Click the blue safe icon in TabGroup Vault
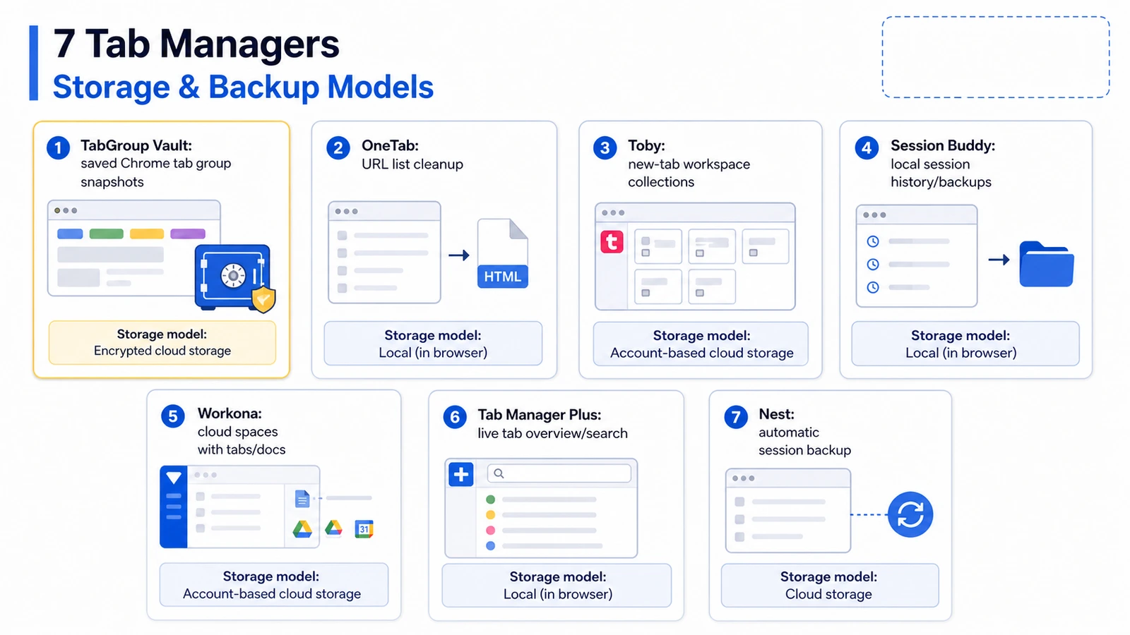[x=232, y=276]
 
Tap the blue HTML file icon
[x=502, y=253]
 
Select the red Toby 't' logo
[x=612, y=242]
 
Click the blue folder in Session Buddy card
[x=1046, y=264]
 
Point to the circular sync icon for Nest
[x=910, y=514]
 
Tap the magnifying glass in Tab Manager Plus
[x=499, y=473]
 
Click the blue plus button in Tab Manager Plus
[x=460, y=474]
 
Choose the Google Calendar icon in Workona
[x=364, y=528]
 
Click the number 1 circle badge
[x=58, y=148]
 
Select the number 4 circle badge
[x=866, y=147]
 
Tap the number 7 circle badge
[x=735, y=417]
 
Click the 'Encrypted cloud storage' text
[x=162, y=351]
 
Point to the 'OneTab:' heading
[x=390, y=145]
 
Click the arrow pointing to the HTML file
[x=458, y=255]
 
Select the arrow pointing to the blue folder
[x=999, y=260]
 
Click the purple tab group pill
[x=188, y=234]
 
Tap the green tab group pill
[x=107, y=234]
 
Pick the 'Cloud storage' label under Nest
[x=828, y=594]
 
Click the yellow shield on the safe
[x=263, y=300]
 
